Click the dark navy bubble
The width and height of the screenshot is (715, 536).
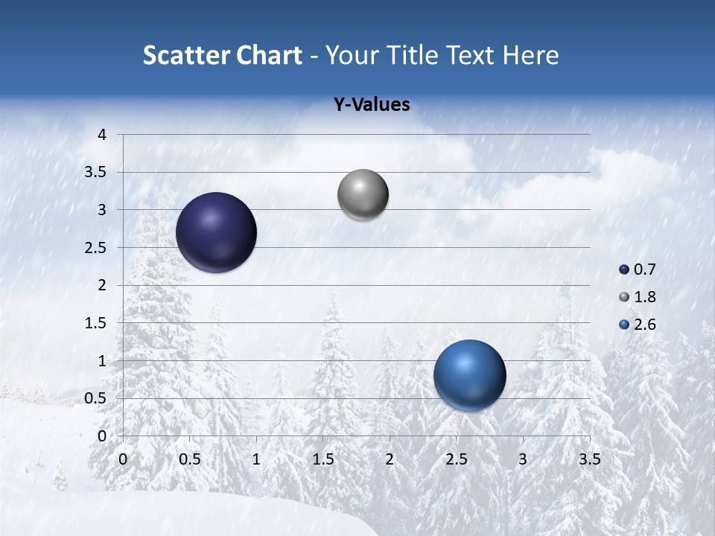tap(216, 232)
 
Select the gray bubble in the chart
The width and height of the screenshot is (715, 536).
tap(363, 195)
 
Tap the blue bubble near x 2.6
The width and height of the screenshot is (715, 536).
tap(469, 375)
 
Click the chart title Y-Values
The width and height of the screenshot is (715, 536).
tap(371, 105)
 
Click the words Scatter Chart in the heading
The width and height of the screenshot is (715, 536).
tap(222, 55)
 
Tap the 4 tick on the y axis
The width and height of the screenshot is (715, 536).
tap(103, 135)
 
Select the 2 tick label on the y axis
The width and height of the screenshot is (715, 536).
tap(103, 285)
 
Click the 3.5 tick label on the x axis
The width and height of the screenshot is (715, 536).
tap(589, 459)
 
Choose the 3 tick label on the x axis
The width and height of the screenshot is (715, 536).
tap(523, 459)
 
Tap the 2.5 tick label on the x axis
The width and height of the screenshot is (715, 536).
tap(456, 459)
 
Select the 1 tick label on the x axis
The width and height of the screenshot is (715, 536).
tap(256, 459)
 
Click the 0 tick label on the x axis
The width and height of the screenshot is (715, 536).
tap(123, 459)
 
